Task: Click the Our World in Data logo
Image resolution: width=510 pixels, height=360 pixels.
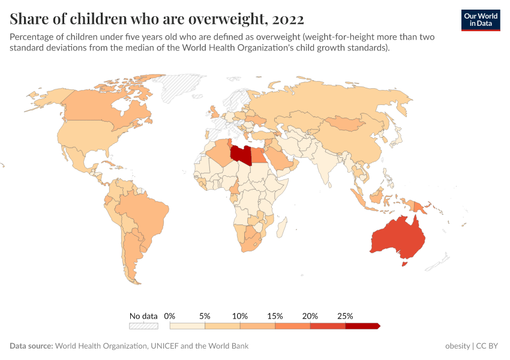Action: click(x=481, y=20)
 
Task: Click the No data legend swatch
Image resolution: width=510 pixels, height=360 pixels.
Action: click(x=143, y=326)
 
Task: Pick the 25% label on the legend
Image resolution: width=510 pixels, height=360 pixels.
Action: click(x=345, y=316)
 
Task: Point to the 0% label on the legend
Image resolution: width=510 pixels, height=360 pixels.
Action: click(x=170, y=316)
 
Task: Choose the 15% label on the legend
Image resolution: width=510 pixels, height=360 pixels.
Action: click(x=275, y=316)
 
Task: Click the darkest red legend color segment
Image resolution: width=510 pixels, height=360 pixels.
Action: click(x=362, y=326)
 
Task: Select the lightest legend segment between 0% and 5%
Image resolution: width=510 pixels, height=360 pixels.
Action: click(x=187, y=326)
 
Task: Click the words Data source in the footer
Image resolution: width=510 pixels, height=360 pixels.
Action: click(x=31, y=346)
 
